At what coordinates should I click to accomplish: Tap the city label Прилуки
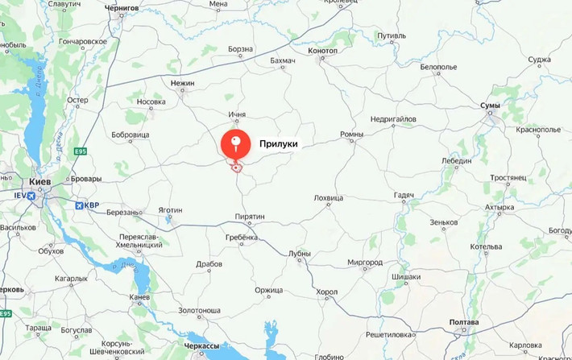[279, 145]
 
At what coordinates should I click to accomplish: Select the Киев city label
[39, 182]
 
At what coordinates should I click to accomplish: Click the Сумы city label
[490, 106]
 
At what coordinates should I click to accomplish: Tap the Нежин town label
[183, 83]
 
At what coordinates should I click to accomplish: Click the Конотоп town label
[323, 51]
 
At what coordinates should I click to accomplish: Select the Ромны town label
[352, 134]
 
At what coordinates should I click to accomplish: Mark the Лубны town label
[299, 253]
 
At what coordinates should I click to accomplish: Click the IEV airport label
[20, 195]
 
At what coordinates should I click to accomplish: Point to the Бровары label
[86, 178]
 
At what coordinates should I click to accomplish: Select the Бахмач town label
[283, 61]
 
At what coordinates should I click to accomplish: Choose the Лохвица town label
[329, 197]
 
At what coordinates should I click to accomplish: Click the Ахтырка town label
[499, 208]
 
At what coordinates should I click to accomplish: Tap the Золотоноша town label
[200, 310]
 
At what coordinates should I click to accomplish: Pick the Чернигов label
[122, 8]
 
